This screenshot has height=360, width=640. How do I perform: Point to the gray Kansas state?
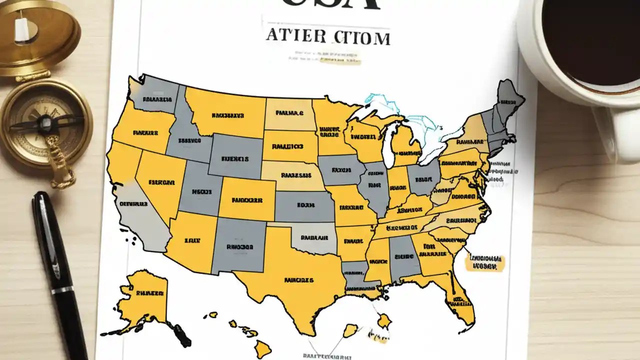click(305, 205)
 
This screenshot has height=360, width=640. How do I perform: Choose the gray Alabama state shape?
click(403, 257)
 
